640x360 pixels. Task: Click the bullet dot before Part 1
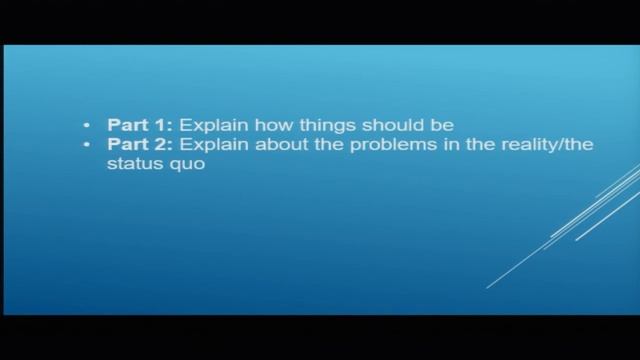point(87,126)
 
